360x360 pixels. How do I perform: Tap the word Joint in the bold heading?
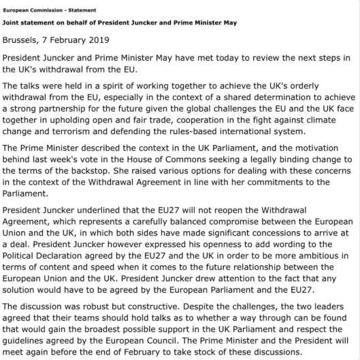point(12,24)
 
